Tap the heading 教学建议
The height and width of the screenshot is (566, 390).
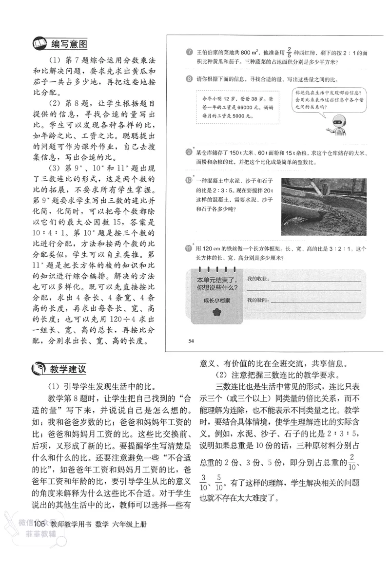click(x=68, y=369)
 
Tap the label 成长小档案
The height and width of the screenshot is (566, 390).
click(x=217, y=301)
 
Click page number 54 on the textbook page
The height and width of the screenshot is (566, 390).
click(x=191, y=340)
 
